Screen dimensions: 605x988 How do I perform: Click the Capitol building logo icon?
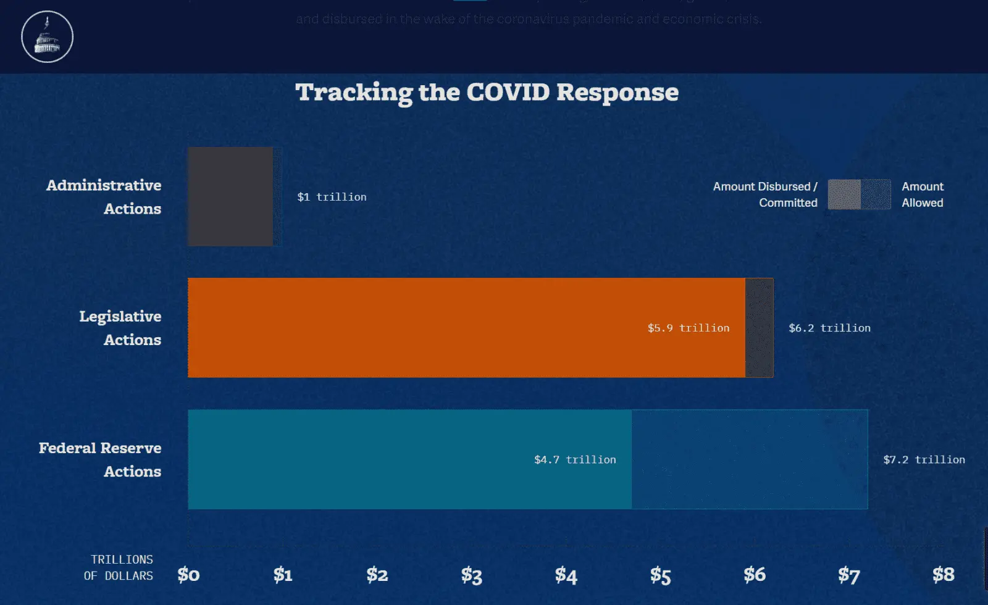pos(48,36)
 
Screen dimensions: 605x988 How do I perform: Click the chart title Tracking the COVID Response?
pos(487,93)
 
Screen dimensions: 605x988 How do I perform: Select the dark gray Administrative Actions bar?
pos(230,196)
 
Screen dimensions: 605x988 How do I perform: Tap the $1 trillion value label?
pos(332,197)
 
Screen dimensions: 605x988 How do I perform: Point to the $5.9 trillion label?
pos(688,328)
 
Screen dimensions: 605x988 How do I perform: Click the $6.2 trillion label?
pos(829,328)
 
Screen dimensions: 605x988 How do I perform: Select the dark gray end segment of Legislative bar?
pos(759,328)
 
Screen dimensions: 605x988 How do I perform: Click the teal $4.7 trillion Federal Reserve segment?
pos(371,459)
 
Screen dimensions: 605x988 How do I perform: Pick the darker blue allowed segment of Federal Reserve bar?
pos(749,459)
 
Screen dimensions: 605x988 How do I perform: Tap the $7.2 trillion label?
pos(924,459)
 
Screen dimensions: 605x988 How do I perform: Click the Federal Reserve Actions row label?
pos(100,459)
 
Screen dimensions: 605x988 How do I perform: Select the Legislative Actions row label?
pos(120,328)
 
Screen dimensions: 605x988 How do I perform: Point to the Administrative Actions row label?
pos(104,196)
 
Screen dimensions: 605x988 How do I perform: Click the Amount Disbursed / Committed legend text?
pos(765,194)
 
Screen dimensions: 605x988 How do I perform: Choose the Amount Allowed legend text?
pos(923,194)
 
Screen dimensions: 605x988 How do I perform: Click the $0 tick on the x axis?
pos(188,575)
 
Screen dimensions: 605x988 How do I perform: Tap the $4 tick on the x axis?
pos(566,575)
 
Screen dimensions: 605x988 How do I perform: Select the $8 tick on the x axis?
pos(943,575)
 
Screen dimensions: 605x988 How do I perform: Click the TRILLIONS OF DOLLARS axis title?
pos(119,567)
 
